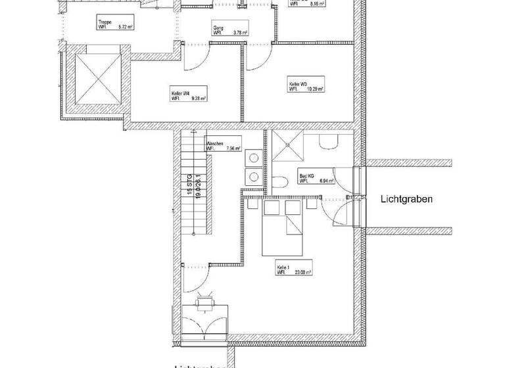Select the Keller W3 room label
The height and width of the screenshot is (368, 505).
[x=297, y=85]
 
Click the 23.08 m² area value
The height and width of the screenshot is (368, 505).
[x=303, y=271]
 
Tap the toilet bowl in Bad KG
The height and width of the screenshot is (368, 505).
[x=279, y=183]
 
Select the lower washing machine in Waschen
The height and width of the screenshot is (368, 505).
[x=253, y=177]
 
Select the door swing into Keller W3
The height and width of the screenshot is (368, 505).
[x=258, y=57]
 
